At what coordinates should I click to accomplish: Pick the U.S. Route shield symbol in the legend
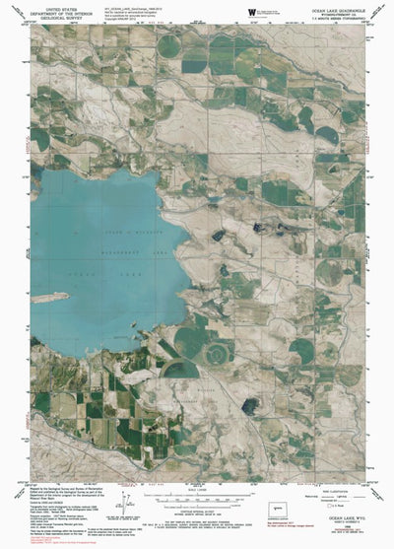(x=328, y=509)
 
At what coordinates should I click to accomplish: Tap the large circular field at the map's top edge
(x=169, y=44)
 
